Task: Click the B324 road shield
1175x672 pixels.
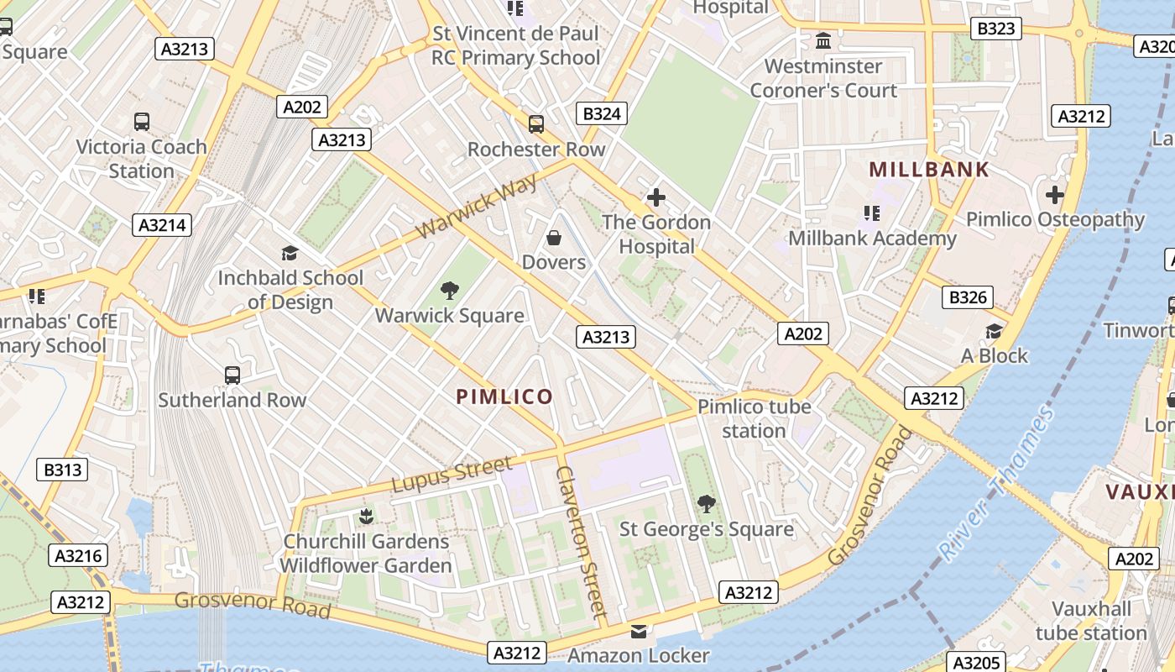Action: tap(602, 113)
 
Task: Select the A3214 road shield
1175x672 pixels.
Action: tap(162, 224)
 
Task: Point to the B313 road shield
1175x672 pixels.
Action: tap(62, 470)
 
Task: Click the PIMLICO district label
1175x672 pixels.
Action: tap(504, 396)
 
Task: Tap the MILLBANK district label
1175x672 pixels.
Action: tap(929, 169)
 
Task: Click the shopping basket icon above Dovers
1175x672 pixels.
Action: tap(554, 239)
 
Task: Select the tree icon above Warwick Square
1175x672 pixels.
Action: tap(450, 291)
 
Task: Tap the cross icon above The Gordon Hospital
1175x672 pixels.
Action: tap(656, 198)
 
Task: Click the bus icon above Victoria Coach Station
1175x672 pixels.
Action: tap(142, 122)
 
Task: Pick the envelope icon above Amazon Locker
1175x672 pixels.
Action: tap(639, 631)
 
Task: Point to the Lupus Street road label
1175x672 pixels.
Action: tap(452, 475)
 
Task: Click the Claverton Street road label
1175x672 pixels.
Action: tap(580, 543)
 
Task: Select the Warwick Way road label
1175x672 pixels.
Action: tap(476, 207)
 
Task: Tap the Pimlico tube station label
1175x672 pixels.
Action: tap(755, 418)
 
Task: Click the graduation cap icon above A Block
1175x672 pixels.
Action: tap(994, 331)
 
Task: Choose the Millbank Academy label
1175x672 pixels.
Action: tap(872, 239)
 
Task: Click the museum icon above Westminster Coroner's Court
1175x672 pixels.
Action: tap(823, 40)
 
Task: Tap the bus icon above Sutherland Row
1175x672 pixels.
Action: tap(232, 375)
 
